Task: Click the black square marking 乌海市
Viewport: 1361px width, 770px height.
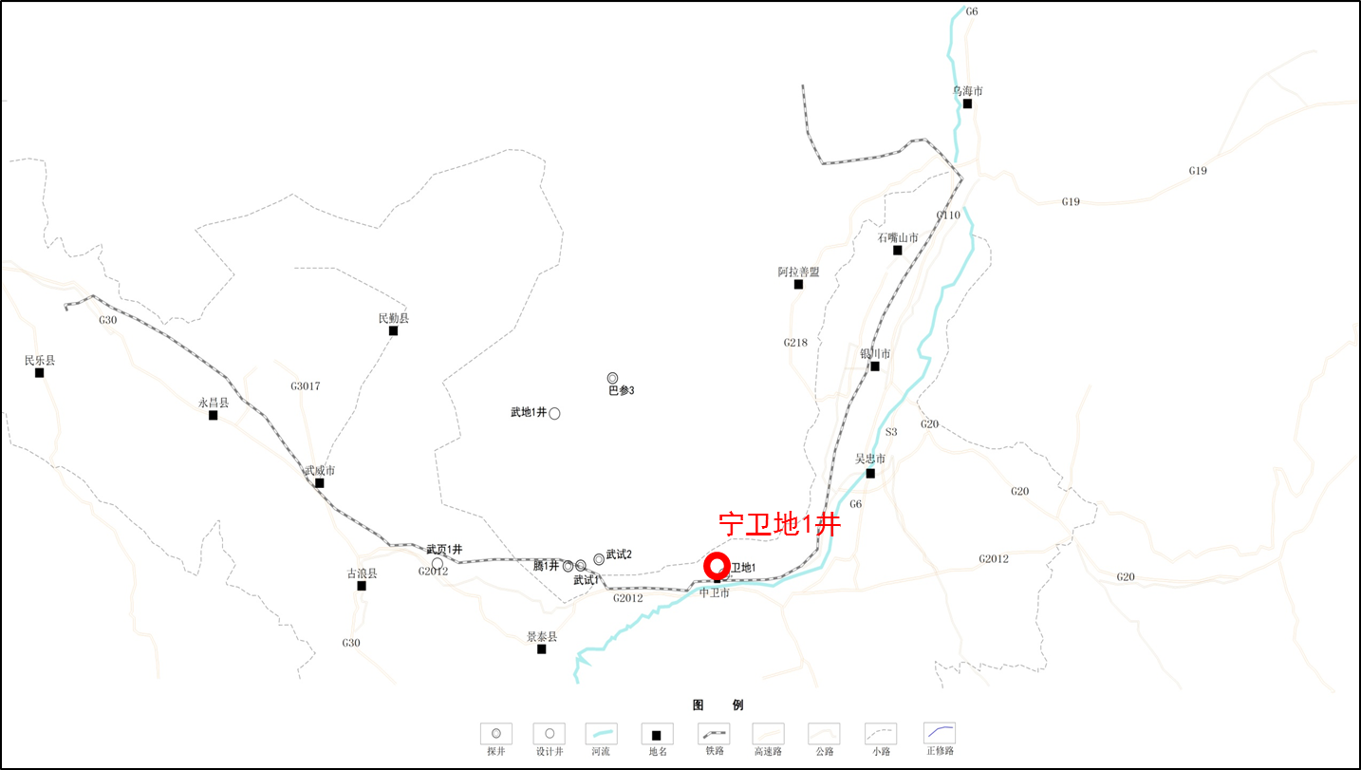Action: (x=967, y=103)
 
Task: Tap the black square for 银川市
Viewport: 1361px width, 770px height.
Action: (x=875, y=366)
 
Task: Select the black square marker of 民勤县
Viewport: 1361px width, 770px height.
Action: (x=393, y=330)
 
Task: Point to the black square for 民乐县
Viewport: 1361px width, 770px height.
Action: (x=40, y=373)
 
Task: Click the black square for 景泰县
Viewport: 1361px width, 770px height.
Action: (x=542, y=649)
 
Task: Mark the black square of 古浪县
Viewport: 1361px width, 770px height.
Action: (x=362, y=586)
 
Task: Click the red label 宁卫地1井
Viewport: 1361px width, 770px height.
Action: (x=779, y=524)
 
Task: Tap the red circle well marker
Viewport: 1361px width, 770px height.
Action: (x=717, y=565)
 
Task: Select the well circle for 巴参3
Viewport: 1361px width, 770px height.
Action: (x=613, y=378)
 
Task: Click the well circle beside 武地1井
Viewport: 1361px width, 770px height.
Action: (x=554, y=413)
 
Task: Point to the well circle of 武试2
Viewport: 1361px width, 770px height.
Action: (x=599, y=559)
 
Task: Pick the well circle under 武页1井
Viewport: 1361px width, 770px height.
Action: (x=438, y=564)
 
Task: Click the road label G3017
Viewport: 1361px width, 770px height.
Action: (x=306, y=386)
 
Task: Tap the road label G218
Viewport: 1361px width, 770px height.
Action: (x=795, y=343)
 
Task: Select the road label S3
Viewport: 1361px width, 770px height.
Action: (x=891, y=432)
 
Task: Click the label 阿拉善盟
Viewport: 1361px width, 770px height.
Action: (x=798, y=272)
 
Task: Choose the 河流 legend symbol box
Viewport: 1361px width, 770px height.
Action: (x=601, y=734)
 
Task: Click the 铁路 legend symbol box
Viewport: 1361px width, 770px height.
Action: (x=714, y=734)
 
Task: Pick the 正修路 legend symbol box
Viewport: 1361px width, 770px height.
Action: (x=940, y=734)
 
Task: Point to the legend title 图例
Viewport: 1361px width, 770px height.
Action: (x=718, y=705)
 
